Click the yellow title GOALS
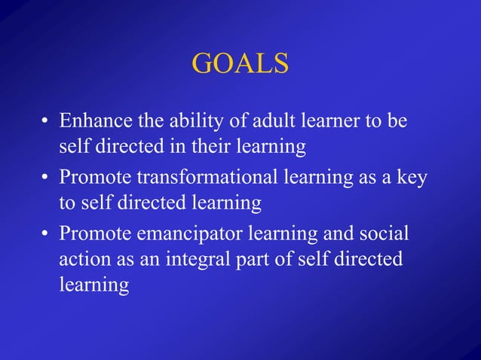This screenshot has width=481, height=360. pyautogui.click(x=240, y=63)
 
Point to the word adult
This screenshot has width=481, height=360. pyautogui.click(x=256, y=121)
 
